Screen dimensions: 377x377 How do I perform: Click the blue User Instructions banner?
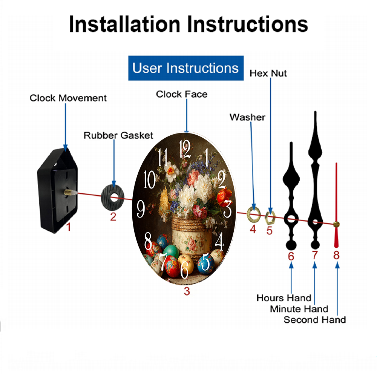coord(186,68)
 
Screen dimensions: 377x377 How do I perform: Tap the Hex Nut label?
coord(268,74)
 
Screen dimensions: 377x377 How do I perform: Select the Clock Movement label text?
coord(68,98)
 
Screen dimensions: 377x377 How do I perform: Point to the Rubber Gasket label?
coord(118,135)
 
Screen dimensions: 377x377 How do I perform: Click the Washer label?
coord(247,117)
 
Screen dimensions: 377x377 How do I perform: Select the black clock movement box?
coord(57,190)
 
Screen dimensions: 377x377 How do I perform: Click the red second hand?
coord(336,205)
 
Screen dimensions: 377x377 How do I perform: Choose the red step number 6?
coord(291,256)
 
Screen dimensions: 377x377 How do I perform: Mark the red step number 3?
coord(187,291)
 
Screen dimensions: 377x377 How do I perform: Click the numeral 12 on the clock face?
coord(185,149)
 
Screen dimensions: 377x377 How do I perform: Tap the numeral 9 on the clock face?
coord(141,209)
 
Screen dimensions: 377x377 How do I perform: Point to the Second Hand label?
coord(315,320)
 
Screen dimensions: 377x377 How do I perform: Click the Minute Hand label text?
coord(299,309)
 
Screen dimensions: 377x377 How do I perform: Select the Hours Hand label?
coord(284,298)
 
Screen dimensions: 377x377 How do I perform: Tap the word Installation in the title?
coord(124,24)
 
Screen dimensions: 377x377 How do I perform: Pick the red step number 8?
coord(336,255)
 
